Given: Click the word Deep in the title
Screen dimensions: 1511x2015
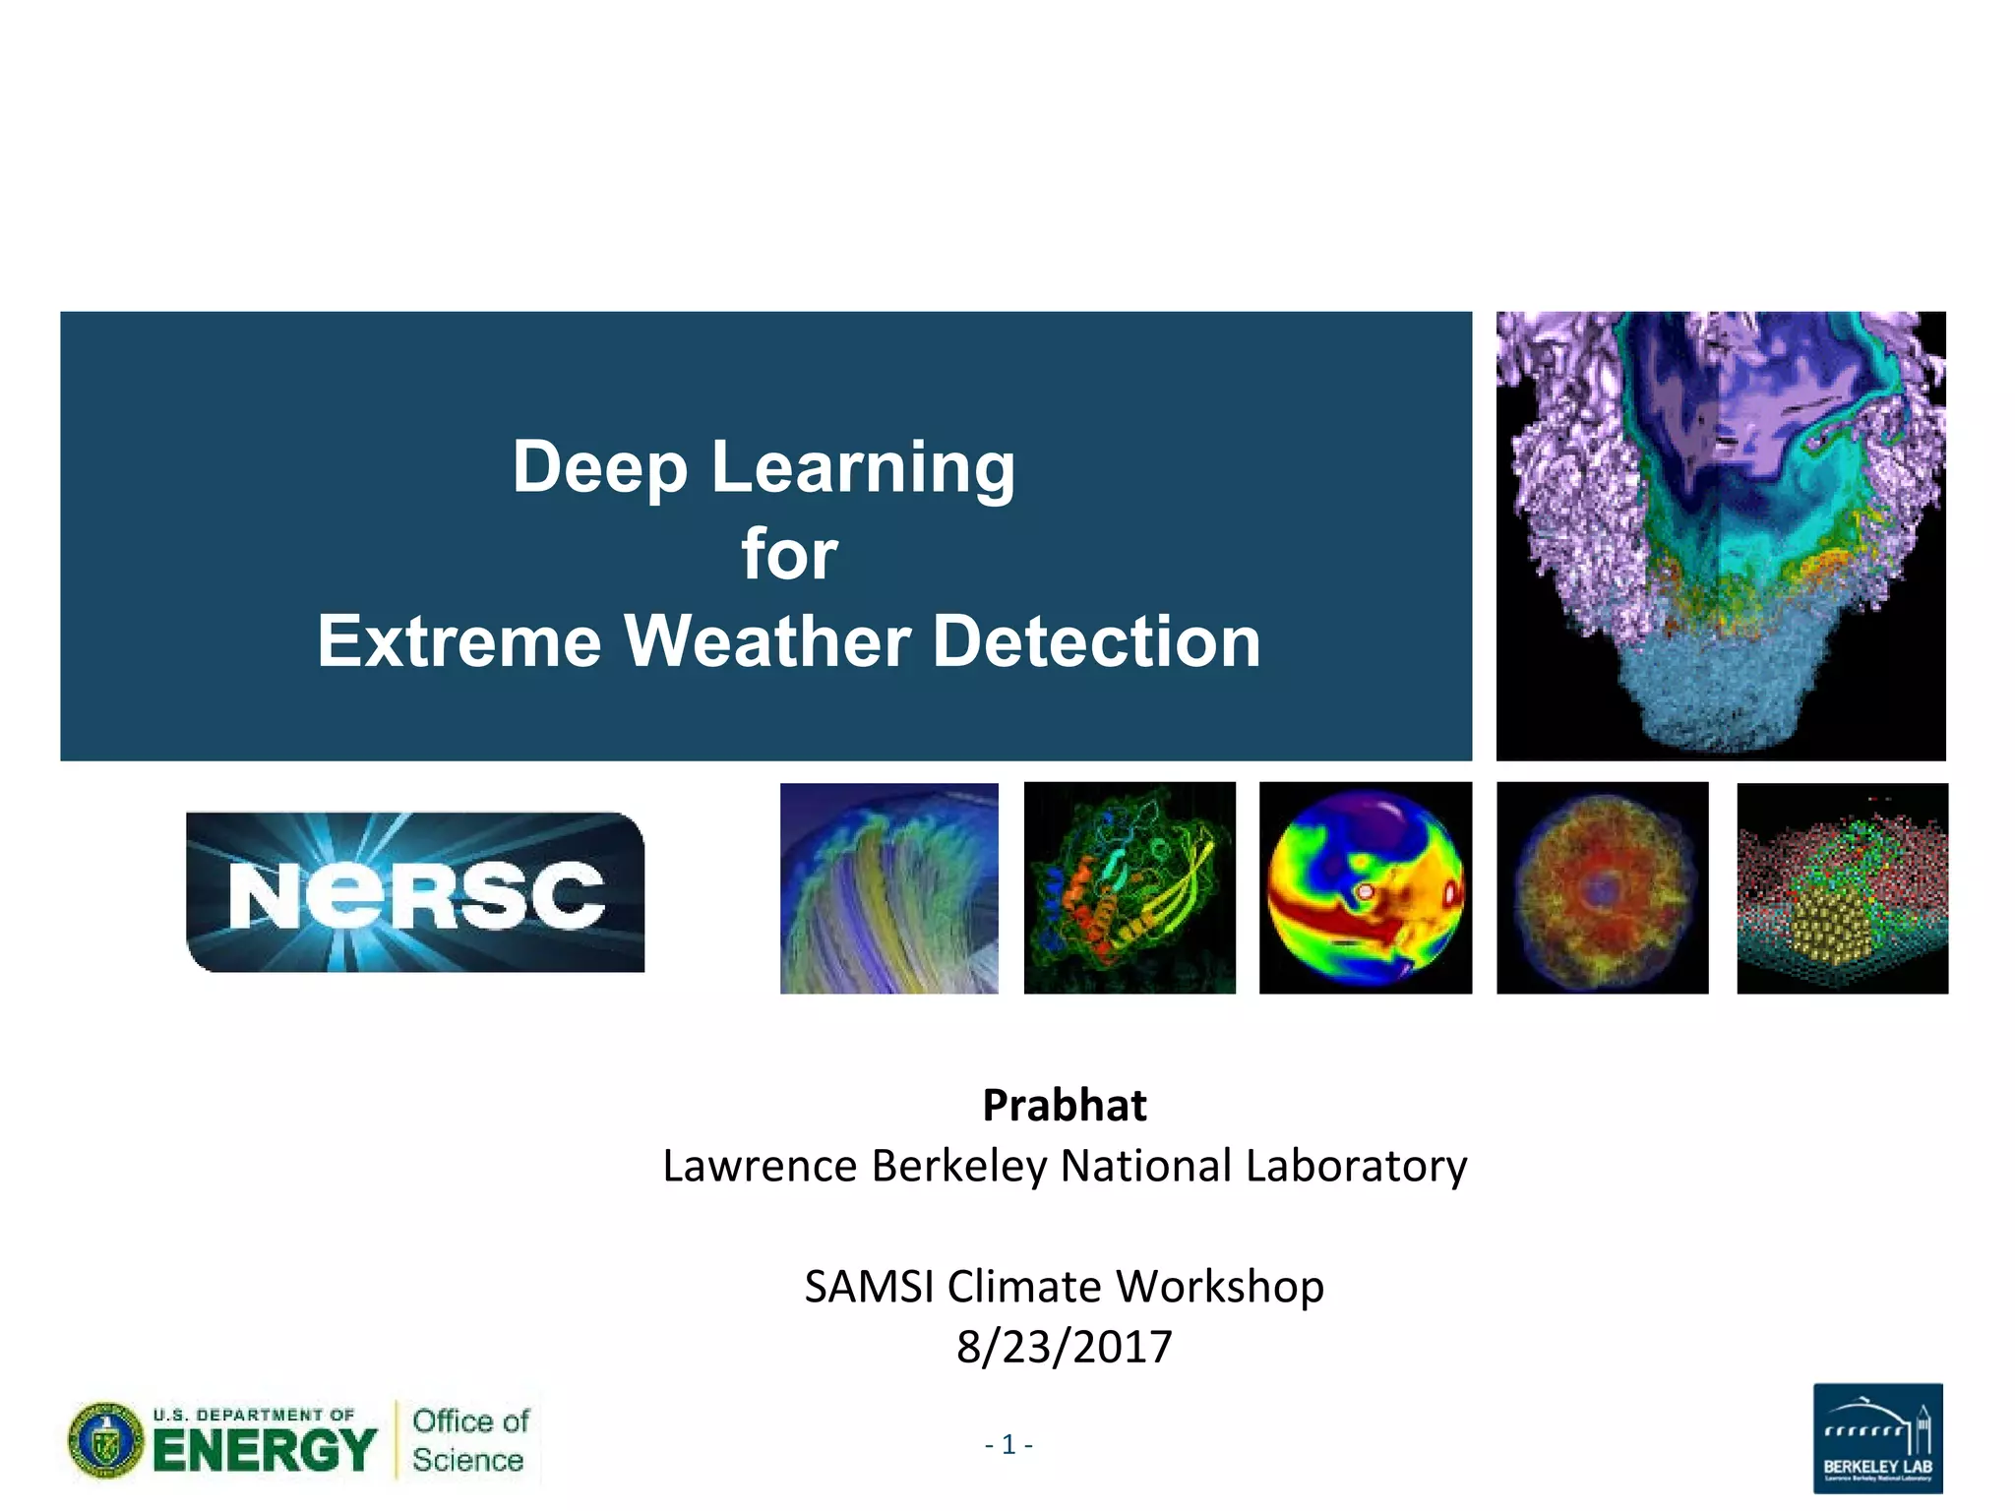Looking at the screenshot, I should click(598, 467).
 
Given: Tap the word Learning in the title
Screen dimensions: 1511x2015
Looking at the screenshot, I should click(862, 467).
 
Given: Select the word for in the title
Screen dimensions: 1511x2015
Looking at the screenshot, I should click(789, 555).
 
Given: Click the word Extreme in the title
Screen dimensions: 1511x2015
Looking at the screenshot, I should click(458, 641).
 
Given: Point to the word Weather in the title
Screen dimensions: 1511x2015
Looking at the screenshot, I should click(766, 641).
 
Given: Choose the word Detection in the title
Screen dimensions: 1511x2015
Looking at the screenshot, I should click(1095, 641).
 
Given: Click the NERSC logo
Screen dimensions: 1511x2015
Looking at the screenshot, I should click(415, 892).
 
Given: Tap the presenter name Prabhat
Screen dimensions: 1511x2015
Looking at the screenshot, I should click(1064, 1106).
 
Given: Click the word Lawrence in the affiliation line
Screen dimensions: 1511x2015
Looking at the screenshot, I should click(760, 1167).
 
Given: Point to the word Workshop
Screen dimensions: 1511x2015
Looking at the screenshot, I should click(1219, 1287).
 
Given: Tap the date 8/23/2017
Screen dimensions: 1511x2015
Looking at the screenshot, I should click(1064, 1347).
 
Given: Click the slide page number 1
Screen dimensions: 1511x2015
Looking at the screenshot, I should click(1008, 1444).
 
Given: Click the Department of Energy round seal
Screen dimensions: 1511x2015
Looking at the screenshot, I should click(105, 1441).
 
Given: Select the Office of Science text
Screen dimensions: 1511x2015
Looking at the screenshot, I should click(469, 1440).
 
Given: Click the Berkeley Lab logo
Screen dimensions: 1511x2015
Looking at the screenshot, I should click(1877, 1437).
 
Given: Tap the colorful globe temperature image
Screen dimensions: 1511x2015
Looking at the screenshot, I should click(1366, 887).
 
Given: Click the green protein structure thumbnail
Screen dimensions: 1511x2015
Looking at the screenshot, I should click(1130, 887).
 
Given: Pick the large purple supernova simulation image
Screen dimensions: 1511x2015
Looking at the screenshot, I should click(1720, 536).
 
